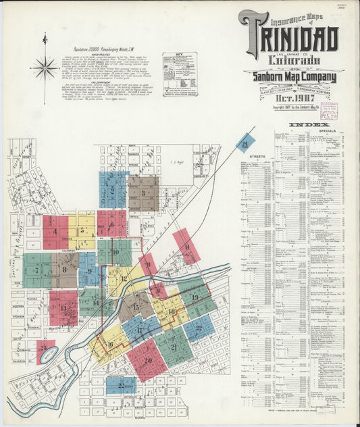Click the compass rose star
[45, 67]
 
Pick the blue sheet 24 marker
[245, 144]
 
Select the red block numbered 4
[55, 231]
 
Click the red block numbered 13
[63, 308]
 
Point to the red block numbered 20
[147, 359]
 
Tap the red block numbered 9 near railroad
[186, 246]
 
